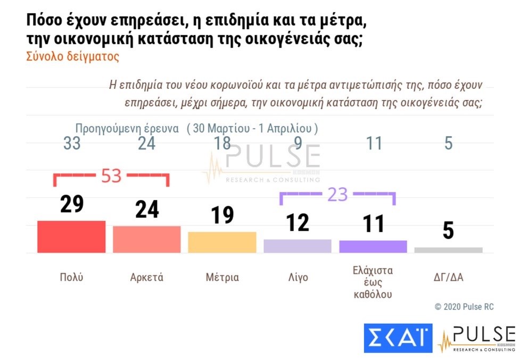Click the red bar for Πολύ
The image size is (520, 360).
point(71,237)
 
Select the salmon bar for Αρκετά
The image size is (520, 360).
point(147,239)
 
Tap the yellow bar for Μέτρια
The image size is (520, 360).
point(222,242)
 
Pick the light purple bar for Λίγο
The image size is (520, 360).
point(298,246)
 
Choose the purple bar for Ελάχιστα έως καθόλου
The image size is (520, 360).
point(373,246)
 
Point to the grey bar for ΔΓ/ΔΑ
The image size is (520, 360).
point(448,250)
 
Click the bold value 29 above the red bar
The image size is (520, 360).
point(72,205)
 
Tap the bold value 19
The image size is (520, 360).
point(222,215)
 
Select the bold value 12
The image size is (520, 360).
point(298,223)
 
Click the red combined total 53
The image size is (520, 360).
point(111,176)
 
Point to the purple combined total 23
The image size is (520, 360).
point(337,195)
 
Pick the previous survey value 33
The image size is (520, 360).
point(72,144)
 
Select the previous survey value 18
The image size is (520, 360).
point(222,144)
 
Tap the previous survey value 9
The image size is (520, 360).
point(298,144)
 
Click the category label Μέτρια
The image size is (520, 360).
point(222,278)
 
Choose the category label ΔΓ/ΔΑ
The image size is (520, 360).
point(448,278)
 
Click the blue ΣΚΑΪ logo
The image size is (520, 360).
point(398,338)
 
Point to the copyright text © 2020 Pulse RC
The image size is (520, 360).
point(464,307)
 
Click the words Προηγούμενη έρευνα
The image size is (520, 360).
point(127,129)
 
